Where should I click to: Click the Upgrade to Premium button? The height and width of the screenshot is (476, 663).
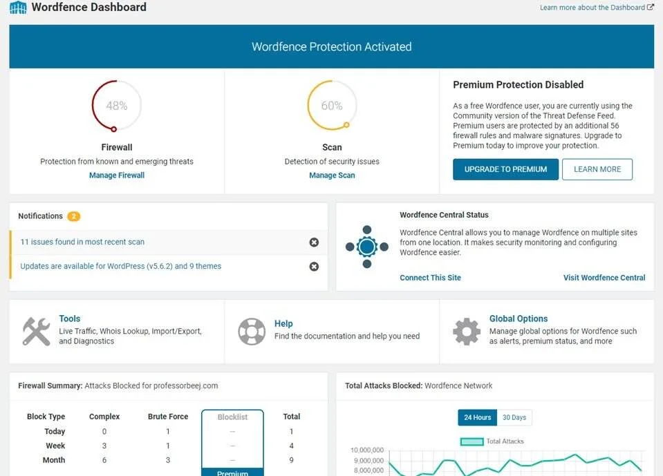[x=505, y=169]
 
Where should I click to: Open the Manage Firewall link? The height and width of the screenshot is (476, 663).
[x=117, y=175]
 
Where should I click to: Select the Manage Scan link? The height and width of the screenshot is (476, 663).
[x=332, y=175]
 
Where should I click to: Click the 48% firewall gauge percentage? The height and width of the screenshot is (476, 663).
[x=117, y=106]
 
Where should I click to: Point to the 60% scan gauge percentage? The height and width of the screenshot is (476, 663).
[x=332, y=106]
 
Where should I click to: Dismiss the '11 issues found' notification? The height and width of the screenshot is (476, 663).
[x=314, y=242]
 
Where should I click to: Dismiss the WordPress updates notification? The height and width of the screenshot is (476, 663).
[x=314, y=267]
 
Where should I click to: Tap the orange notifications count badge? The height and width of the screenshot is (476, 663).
[x=74, y=216]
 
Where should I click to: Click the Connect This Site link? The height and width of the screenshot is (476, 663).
[x=430, y=278]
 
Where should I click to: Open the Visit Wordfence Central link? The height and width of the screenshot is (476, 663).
[x=604, y=278]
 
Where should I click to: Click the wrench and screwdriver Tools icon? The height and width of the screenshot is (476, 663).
[x=36, y=332]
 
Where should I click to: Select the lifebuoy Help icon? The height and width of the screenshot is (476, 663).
[x=252, y=332]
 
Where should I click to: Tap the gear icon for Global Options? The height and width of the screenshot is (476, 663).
[x=467, y=332]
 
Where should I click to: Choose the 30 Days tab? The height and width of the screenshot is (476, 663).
[x=514, y=417]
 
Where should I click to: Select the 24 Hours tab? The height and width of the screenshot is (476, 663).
[x=478, y=417]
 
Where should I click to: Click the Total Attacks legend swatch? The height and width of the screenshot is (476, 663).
[x=471, y=441]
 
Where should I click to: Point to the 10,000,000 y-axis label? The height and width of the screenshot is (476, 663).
[x=367, y=460]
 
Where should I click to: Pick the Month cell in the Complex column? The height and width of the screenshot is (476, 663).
[x=104, y=460]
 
